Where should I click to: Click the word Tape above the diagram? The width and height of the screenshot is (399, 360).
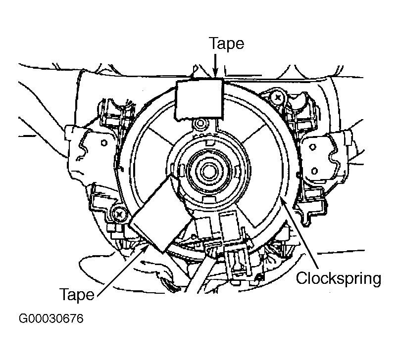(226, 44)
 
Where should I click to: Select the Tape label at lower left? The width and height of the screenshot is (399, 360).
(77, 295)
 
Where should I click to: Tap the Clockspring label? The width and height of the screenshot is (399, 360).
(339, 278)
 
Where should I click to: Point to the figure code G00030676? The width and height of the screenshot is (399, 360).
(51, 318)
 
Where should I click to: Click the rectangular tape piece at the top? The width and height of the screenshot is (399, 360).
(199, 99)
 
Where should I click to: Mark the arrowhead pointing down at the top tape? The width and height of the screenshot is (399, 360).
(215, 73)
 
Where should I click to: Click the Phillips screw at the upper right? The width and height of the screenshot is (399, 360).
(277, 97)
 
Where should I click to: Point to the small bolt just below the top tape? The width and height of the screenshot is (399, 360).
(200, 124)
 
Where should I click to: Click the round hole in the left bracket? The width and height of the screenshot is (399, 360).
(104, 143)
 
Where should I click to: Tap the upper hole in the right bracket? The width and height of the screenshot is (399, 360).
(312, 147)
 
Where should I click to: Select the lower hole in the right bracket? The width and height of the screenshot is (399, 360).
(314, 171)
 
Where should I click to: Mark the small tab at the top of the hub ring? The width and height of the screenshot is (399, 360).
(209, 142)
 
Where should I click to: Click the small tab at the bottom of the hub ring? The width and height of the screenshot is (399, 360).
(208, 199)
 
